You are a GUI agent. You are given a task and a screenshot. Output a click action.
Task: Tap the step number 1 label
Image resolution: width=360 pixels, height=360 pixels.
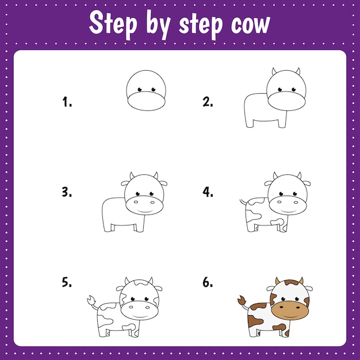tap(67, 102)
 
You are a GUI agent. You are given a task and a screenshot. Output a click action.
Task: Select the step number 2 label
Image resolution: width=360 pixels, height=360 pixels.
tap(208, 102)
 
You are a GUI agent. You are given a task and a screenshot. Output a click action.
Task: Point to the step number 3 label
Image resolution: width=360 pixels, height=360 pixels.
tap(67, 192)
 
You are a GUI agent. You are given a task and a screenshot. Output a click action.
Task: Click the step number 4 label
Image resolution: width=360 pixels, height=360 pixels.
tap(208, 192)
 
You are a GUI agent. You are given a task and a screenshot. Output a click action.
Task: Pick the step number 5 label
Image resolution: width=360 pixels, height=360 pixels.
tap(67, 282)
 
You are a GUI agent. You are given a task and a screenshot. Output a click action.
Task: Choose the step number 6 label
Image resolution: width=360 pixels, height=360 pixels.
tap(208, 282)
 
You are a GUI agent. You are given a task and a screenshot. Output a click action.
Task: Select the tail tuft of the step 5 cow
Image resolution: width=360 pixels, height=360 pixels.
tap(90, 299)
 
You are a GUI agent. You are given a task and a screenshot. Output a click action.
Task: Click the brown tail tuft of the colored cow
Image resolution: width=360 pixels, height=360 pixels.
tap(242, 300)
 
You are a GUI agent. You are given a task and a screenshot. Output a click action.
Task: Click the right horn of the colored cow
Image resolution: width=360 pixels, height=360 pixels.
tap(300, 281)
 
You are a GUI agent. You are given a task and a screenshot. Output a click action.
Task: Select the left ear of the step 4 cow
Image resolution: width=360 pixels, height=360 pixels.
tap(269, 183)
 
